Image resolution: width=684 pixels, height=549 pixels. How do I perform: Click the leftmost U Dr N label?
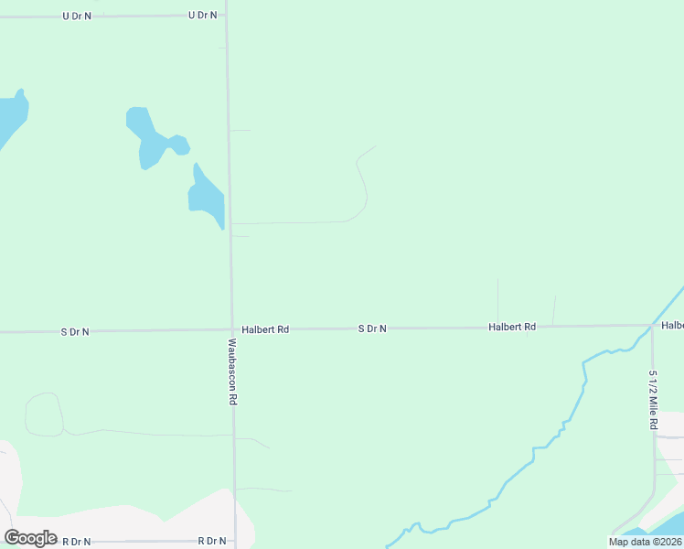pyautogui.click(x=77, y=16)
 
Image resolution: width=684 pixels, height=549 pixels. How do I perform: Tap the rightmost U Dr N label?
pyautogui.click(x=202, y=16)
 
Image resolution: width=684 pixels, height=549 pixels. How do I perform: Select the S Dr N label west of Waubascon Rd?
pyautogui.click(x=75, y=331)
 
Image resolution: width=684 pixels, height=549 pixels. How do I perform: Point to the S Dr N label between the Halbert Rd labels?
pyautogui.click(x=372, y=328)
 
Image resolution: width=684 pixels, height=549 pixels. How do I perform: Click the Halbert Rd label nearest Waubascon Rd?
pyautogui.click(x=265, y=328)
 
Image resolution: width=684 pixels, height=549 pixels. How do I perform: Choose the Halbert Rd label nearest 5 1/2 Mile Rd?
pyautogui.click(x=511, y=327)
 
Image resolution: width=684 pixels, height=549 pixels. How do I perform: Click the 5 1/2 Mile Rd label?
pyautogui.click(x=653, y=401)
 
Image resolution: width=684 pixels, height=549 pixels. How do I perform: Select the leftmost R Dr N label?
pyautogui.click(x=77, y=542)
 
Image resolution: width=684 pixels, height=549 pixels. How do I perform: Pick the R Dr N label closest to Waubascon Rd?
pyautogui.click(x=212, y=542)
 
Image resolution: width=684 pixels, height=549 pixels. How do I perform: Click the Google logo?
pyautogui.click(x=30, y=537)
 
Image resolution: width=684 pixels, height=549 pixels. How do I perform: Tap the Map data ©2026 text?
pyautogui.click(x=645, y=542)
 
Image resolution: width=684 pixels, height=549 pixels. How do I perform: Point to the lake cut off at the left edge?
pyautogui.click(x=11, y=117)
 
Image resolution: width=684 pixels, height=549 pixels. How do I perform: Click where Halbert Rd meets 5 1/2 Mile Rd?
pyautogui.click(x=651, y=326)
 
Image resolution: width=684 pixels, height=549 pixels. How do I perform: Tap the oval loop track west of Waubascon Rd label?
pyautogui.click(x=43, y=414)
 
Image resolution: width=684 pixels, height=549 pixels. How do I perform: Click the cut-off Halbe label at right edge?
pyautogui.click(x=672, y=326)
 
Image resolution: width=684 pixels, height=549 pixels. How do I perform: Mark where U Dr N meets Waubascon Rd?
pyautogui.click(x=226, y=16)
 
